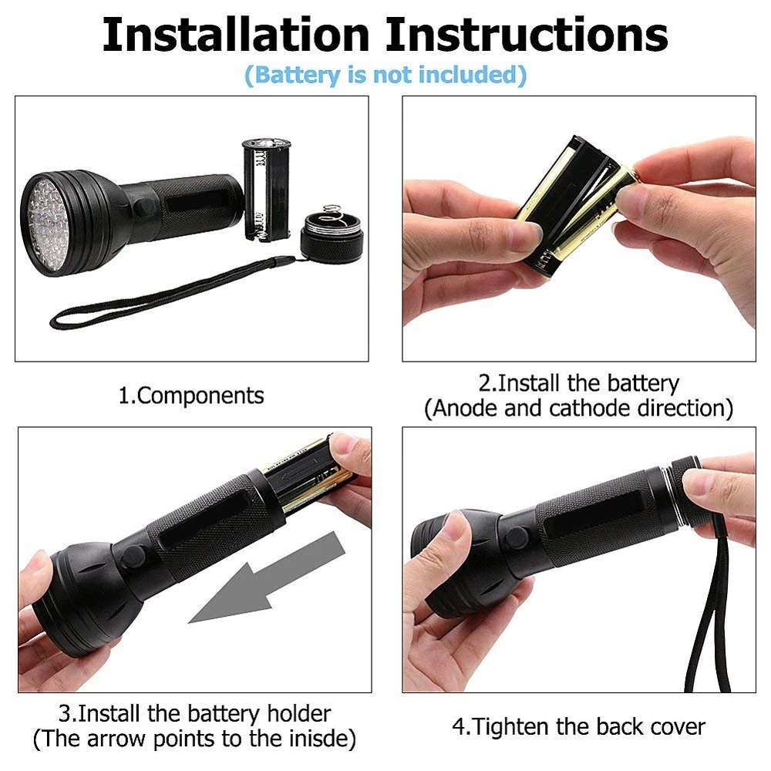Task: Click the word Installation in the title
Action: pyautogui.click(x=235, y=35)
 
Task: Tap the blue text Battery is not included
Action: pyautogui.click(x=385, y=76)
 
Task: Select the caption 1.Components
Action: pyautogui.click(x=190, y=396)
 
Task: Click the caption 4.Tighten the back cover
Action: pyautogui.click(x=578, y=726)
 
